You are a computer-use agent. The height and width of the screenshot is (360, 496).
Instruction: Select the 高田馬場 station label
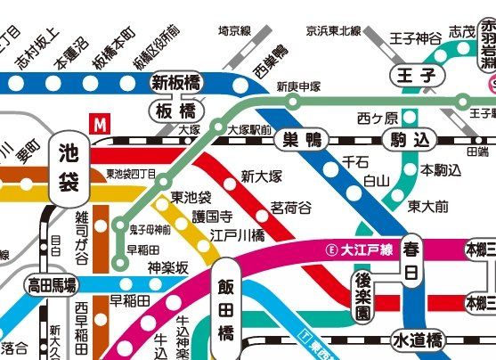pyautogui.click(x=52, y=285)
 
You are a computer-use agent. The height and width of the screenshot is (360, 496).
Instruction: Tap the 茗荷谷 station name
pyautogui.click(x=291, y=208)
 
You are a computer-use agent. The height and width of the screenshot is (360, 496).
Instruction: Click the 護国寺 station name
pyautogui.click(x=189, y=217)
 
